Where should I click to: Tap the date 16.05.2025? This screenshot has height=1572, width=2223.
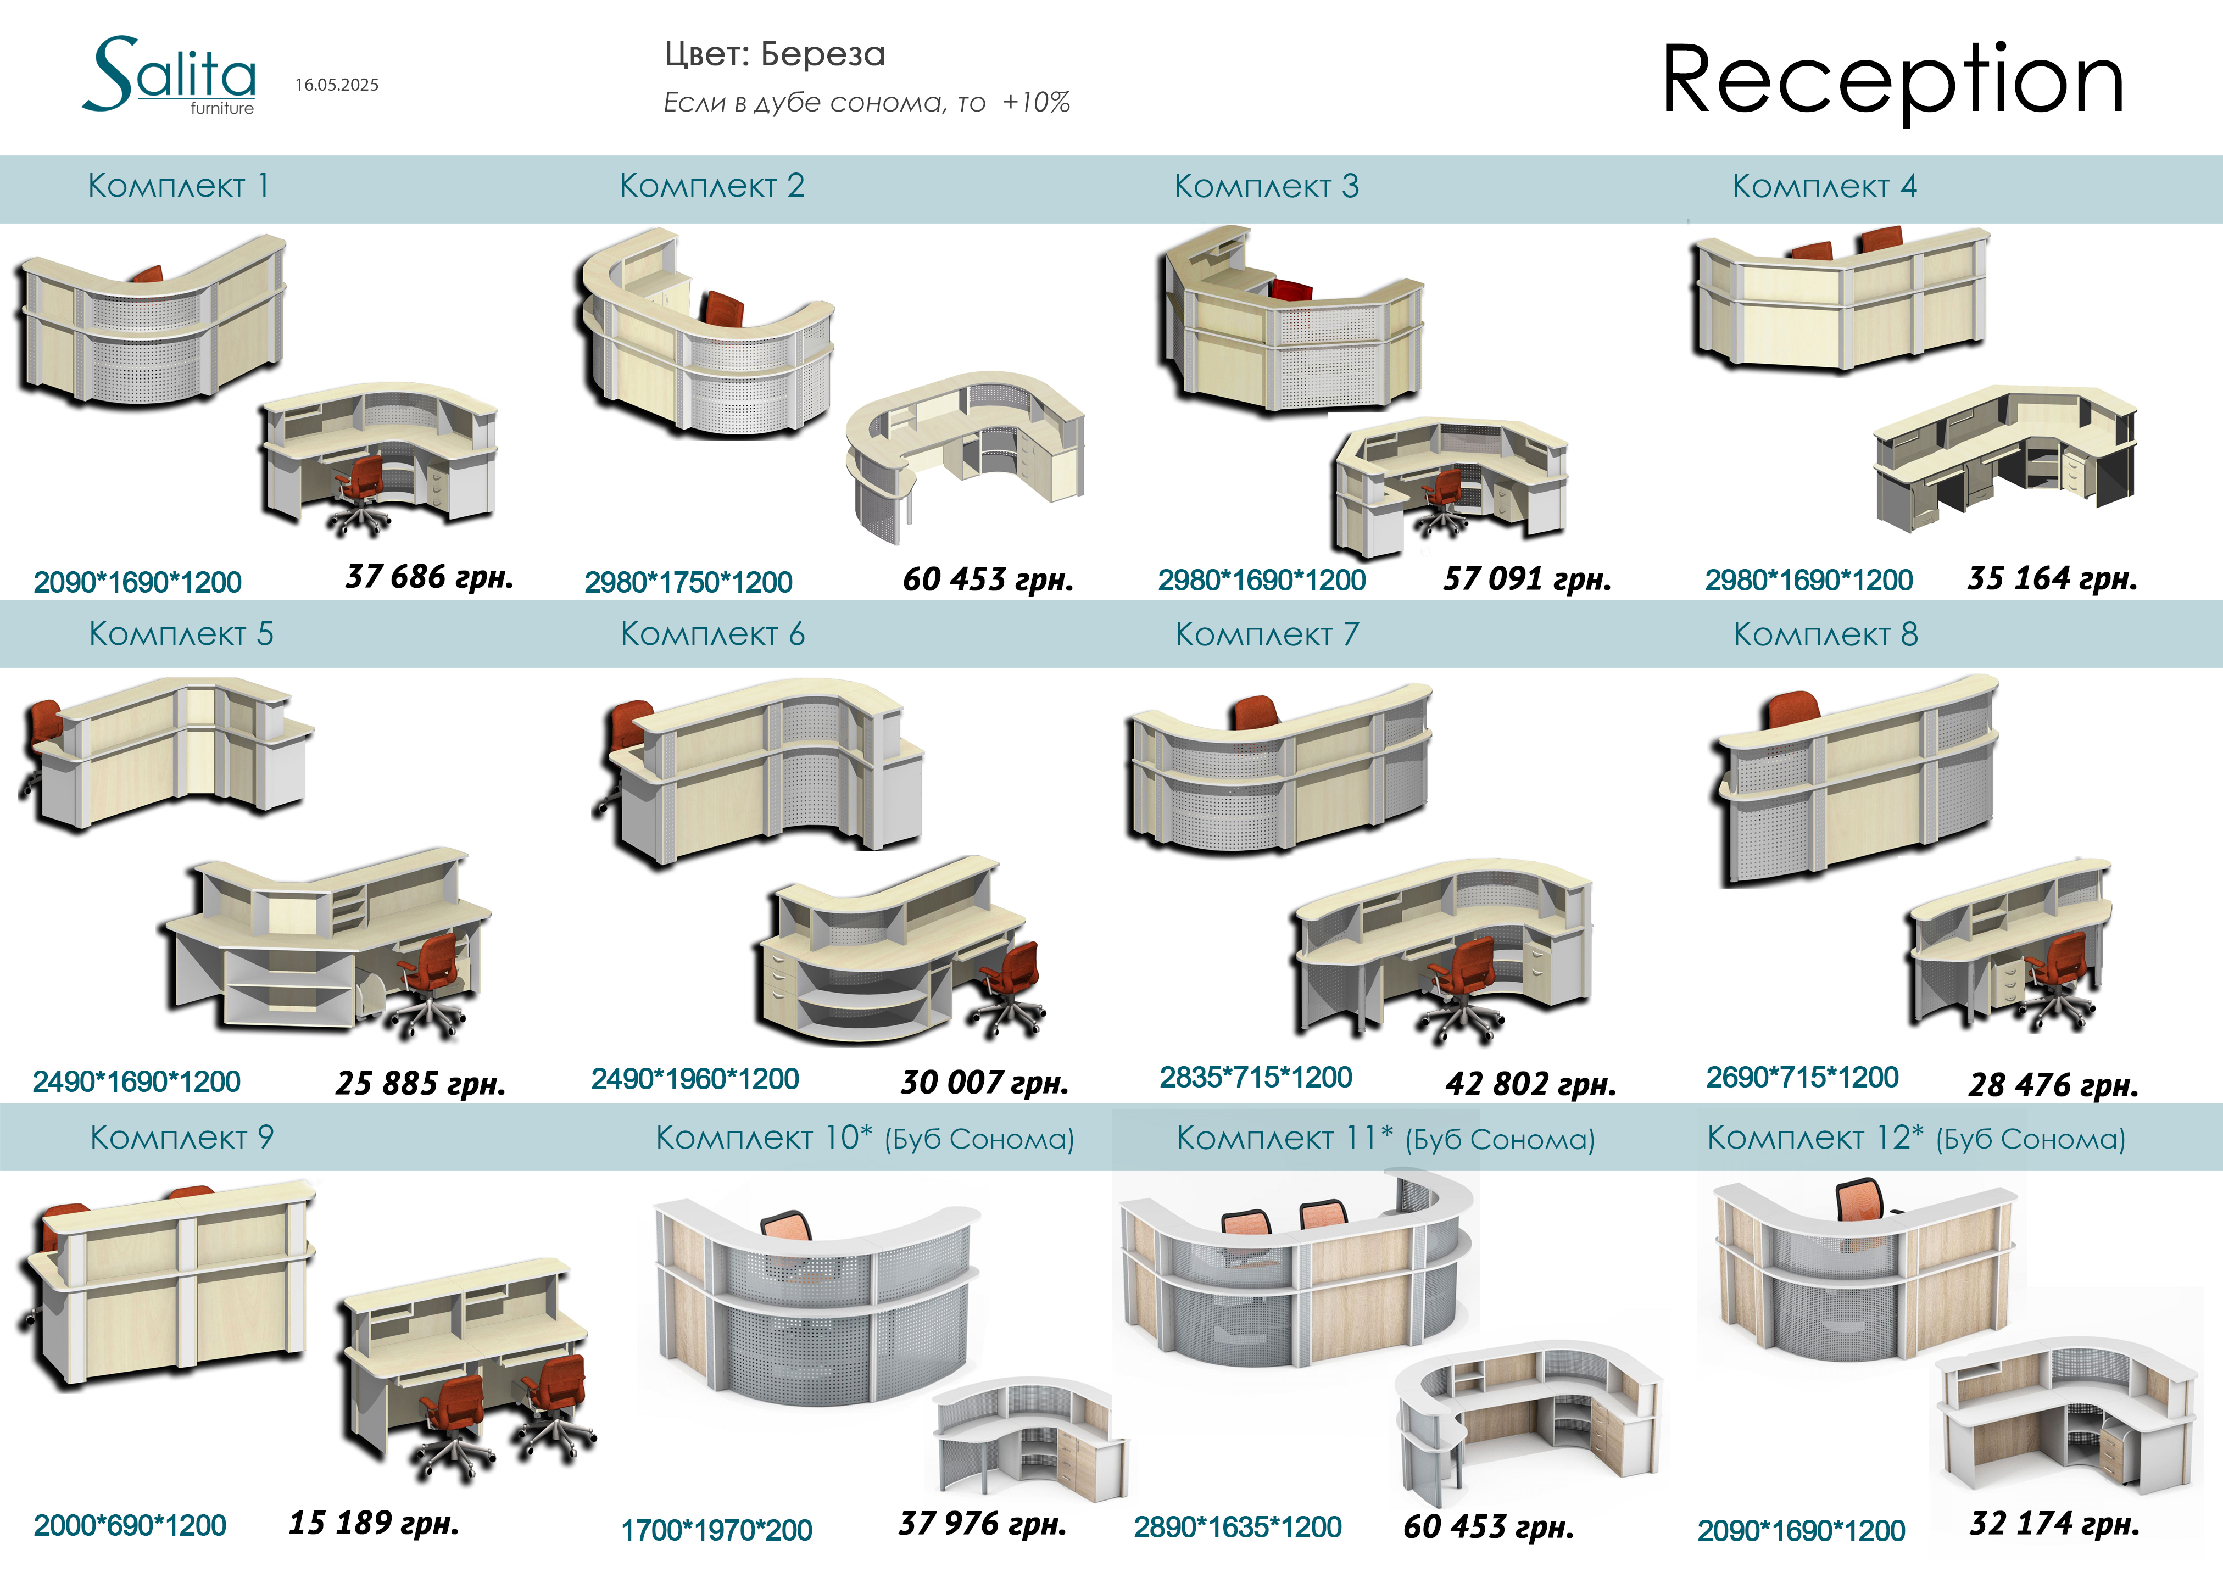[x=337, y=85]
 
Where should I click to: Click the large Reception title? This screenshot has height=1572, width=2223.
[x=1893, y=80]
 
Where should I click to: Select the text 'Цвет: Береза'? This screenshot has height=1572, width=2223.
[x=775, y=54]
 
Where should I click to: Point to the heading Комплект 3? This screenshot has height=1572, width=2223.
[x=1267, y=186]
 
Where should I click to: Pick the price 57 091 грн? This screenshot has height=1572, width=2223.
[x=1527, y=579]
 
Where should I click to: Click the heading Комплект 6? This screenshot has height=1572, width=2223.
[x=712, y=634]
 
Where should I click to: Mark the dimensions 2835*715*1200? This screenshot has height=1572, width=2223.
[x=1256, y=1077]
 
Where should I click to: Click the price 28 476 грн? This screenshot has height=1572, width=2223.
[x=2053, y=1084]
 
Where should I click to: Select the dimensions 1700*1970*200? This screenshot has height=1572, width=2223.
[x=716, y=1530]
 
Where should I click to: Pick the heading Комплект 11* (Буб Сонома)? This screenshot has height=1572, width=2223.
[x=1385, y=1138]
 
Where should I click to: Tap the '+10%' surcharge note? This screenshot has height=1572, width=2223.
[x=1036, y=103]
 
